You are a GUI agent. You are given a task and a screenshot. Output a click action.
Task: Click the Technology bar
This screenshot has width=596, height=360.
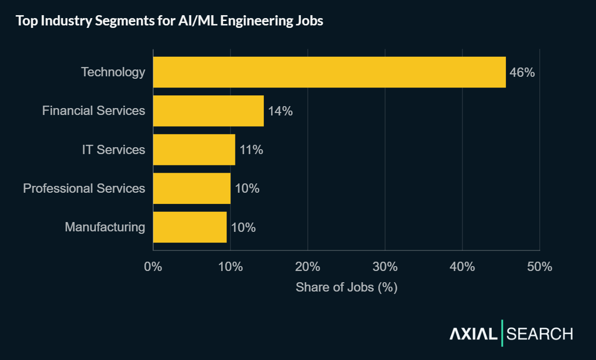click(329, 72)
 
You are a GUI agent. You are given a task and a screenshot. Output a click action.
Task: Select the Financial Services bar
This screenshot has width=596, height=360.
click(208, 111)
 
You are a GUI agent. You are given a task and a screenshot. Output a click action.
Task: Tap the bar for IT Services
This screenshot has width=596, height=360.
click(194, 150)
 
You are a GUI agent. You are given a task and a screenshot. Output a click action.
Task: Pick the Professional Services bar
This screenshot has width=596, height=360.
click(191, 188)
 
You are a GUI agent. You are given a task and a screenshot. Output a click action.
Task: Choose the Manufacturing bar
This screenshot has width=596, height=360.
click(190, 227)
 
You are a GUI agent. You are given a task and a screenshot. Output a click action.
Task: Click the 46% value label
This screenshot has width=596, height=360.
click(522, 73)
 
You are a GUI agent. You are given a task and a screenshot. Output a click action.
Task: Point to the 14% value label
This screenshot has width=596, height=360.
click(280, 112)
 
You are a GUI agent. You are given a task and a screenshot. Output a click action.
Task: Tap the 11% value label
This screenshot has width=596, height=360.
click(252, 150)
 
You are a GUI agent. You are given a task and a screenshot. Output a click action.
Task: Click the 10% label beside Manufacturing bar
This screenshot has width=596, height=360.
click(243, 227)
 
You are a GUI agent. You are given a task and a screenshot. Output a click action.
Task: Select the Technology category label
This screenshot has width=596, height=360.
click(113, 72)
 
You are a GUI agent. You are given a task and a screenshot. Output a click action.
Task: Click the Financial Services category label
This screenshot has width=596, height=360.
click(93, 111)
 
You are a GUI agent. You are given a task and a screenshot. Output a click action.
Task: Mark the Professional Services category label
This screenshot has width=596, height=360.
click(84, 188)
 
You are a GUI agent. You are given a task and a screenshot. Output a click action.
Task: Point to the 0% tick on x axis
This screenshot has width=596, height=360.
click(153, 267)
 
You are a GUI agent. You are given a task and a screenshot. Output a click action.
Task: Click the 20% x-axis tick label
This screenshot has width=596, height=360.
click(308, 267)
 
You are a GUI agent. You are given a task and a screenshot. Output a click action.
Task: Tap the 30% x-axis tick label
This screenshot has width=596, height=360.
click(385, 267)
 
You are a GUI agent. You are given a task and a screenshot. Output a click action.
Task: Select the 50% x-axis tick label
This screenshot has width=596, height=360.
click(540, 267)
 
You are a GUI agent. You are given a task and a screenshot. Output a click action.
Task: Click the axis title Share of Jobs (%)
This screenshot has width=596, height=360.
click(346, 287)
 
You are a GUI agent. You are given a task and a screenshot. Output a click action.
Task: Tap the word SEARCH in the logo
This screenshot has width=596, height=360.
click(540, 334)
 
